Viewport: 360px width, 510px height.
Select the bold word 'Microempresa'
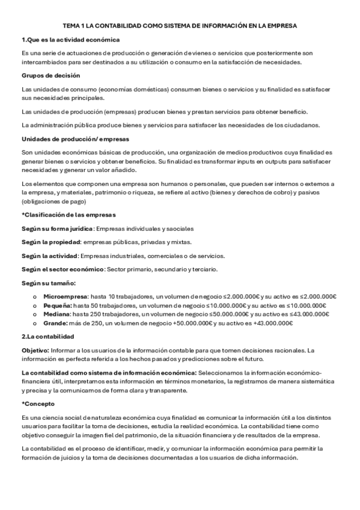click(x=66, y=296)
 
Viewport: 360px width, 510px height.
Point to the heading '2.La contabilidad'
click(x=47, y=337)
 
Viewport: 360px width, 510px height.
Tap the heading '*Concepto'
click(x=37, y=404)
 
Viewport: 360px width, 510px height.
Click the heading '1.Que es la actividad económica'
click(x=70, y=40)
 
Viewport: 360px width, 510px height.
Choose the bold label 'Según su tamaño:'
click(x=49, y=283)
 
